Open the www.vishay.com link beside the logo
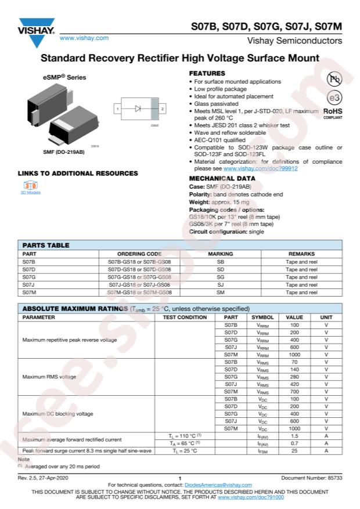[84, 38]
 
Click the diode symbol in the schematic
[138, 109]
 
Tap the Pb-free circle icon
[334, 80]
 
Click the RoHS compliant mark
[333, 112]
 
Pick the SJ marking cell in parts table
[220, 285]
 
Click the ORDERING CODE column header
[139, 254]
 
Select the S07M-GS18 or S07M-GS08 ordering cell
[139, 293]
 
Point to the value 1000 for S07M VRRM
[294, 354]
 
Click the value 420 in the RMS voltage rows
[294, 384]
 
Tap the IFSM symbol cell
[262, 450]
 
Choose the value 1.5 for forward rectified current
[294, 435]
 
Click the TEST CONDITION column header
[185, 317]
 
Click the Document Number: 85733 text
[311, 477]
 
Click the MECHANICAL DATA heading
[222, 178]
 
